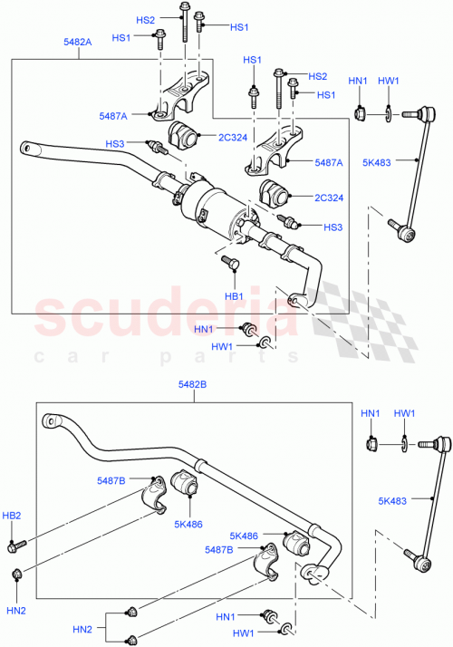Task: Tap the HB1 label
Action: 234,296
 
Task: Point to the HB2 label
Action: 13,516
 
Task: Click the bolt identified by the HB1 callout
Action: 230,264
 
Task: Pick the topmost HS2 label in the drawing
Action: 145,20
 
